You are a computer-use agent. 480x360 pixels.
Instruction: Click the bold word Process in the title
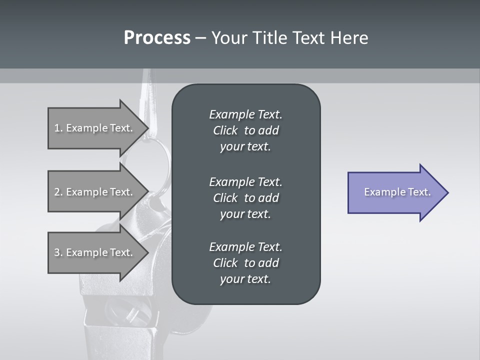(157, 38)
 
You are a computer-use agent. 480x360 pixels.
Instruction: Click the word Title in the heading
(269, 38)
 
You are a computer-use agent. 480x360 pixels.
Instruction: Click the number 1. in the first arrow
(58, 128)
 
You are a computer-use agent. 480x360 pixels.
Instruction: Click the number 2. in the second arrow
(58, 192)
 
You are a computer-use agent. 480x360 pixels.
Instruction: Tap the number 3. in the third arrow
(58, 252)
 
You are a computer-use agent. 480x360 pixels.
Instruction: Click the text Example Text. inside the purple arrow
(397, 192)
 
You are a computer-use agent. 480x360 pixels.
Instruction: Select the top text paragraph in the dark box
(245, 130)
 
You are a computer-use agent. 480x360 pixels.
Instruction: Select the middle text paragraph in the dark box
(245, 197)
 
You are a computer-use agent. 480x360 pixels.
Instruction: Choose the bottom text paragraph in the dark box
(245, 263)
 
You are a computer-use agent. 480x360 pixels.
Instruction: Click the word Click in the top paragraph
(225, 130)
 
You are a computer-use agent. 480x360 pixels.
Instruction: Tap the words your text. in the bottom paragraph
(245, 279)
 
